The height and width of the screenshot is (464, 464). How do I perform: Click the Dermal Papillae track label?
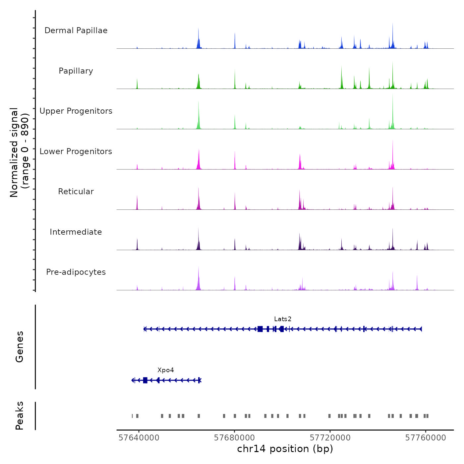click(76, 30)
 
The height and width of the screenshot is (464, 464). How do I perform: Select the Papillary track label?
click(76, 71)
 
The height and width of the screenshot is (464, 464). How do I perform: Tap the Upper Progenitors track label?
click(76, 111)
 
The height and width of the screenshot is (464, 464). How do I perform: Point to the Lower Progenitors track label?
click(76, 151)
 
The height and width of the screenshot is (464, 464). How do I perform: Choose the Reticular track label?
click(76, 192)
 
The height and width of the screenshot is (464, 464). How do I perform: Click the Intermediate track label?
click(76, 232)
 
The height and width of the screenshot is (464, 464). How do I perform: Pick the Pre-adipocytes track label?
click(76, 272)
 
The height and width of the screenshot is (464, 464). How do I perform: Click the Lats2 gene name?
click(283, 319)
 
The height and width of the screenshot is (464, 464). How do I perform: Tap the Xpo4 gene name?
click(166, 370)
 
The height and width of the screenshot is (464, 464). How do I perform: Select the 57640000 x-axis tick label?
click(139, 438)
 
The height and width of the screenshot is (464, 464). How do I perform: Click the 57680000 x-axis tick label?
click(234, 438)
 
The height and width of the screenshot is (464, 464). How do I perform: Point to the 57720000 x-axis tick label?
click(330, 438)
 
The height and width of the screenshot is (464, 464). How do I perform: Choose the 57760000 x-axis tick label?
click(426, 438)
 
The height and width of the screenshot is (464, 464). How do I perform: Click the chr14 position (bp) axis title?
click(285, 449)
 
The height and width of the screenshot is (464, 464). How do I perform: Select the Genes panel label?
click(20, 347)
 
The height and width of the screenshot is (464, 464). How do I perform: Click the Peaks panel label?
click(20, 416)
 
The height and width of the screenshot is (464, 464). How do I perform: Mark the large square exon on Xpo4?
click(145, 380)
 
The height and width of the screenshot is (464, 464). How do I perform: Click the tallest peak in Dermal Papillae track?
click(393, 25)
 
